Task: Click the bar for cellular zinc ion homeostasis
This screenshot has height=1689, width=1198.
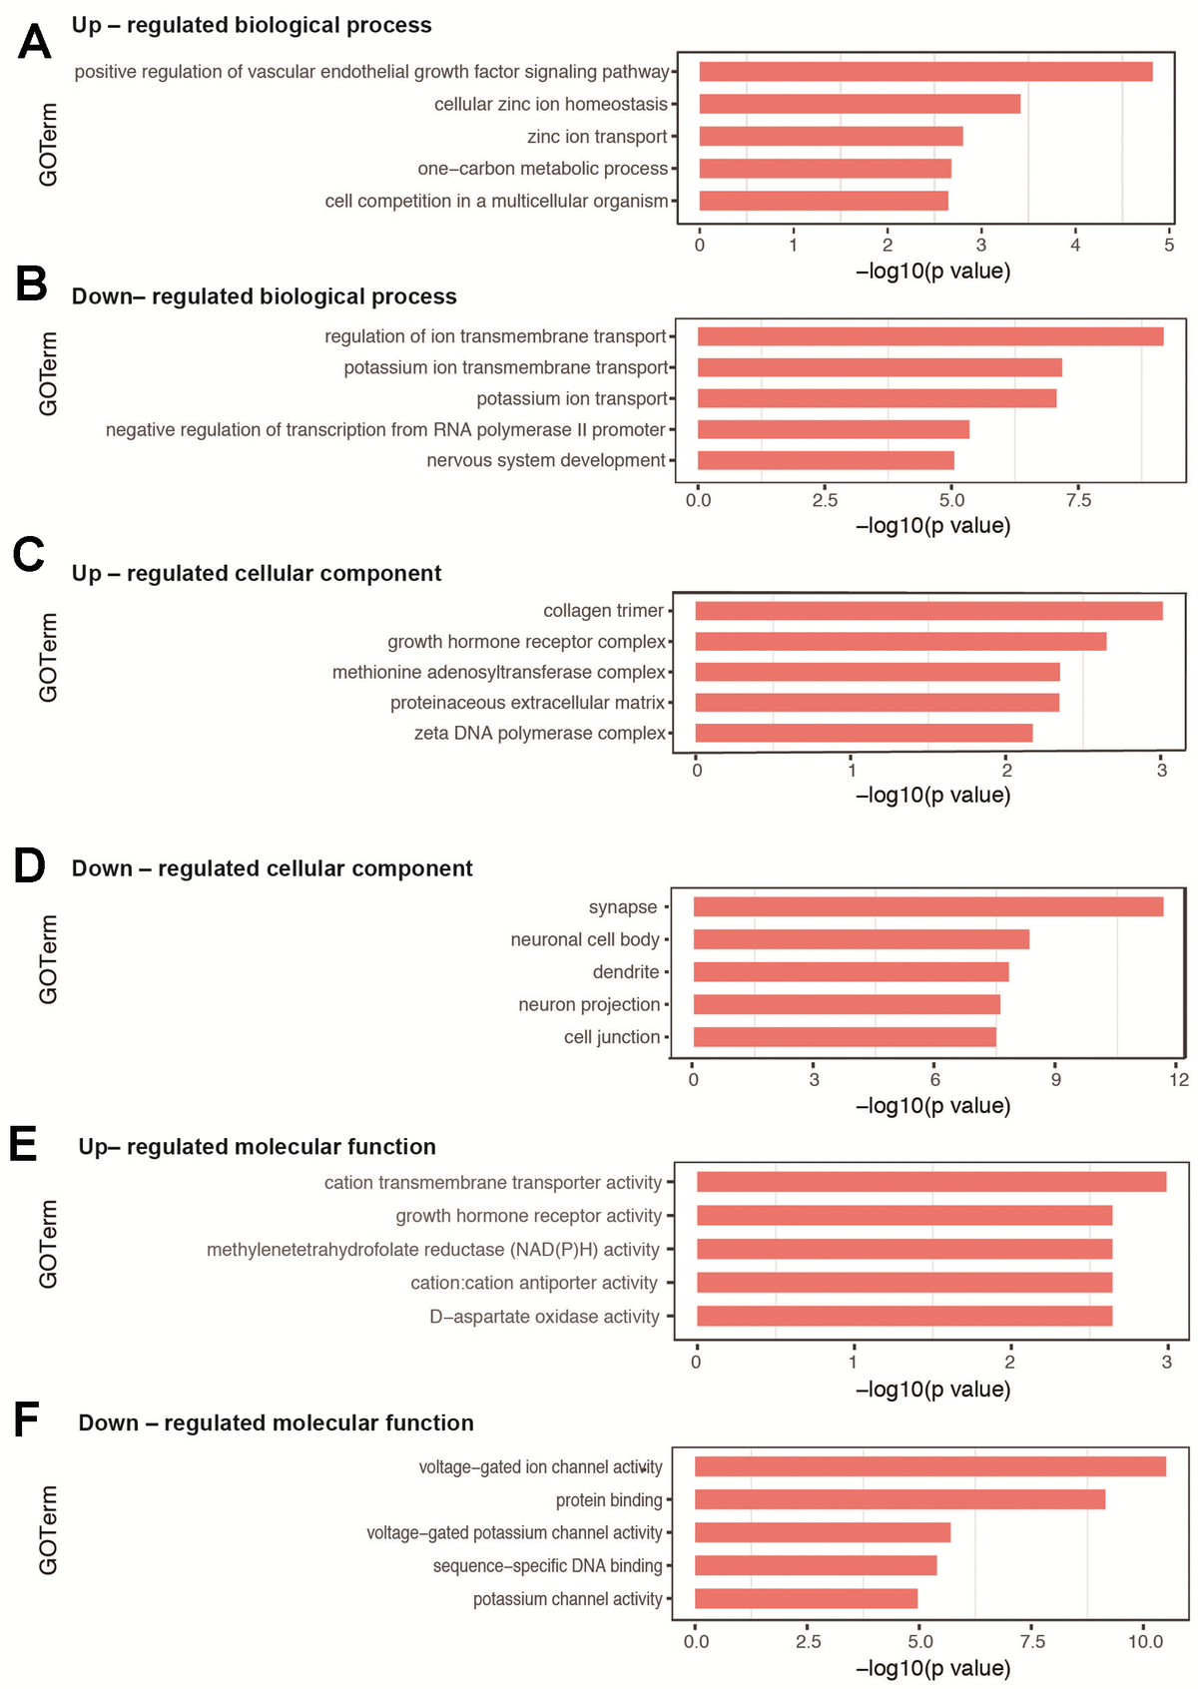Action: pos(860,104)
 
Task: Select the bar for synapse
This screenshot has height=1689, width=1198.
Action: pos(928,906)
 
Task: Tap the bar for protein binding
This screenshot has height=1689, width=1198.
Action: pos(899,1499)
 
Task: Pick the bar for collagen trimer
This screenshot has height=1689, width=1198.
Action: pos(928,611)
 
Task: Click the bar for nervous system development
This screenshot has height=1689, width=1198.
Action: pos(826,460)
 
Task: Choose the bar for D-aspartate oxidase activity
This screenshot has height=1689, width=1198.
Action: pos(904,1316)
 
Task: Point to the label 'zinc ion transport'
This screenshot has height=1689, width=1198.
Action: pos(597,137)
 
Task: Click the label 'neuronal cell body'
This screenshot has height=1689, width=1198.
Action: pos(585,939)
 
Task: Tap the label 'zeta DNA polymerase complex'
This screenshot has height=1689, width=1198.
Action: pos(539,734)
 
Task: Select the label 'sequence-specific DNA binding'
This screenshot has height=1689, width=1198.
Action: pos(547,1565)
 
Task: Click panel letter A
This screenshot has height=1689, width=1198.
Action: pos(35,43)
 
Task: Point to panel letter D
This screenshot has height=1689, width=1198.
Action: pos(30,865)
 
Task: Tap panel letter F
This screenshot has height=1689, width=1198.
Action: pos(27,1419)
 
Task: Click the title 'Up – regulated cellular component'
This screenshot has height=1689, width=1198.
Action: pos(257,574)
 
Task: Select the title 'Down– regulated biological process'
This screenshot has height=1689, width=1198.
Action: pos(265,296)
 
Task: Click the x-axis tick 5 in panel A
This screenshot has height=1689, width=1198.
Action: pos(1169,245)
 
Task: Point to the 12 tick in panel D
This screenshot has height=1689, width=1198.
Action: pos(1179,1079)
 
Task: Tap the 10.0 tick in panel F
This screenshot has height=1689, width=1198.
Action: pos(1145,1641)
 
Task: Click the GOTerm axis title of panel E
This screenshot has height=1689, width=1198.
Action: pos(48,1244)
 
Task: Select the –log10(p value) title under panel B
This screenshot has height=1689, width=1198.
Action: pos(933,526)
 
